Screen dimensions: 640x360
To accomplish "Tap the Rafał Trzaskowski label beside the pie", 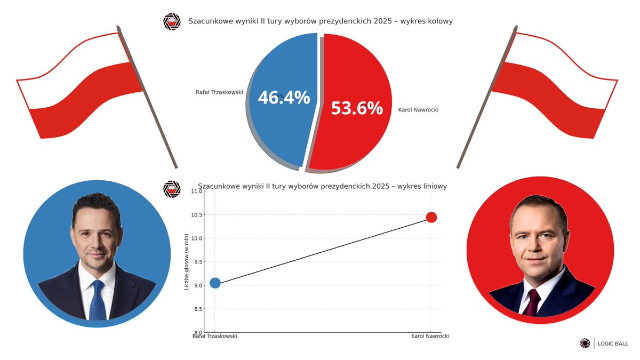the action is click(x=219, y=92).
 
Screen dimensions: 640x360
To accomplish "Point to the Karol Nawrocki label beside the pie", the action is click(x=418, y=110).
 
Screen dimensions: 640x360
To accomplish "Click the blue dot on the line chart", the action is click(x=215, y=283).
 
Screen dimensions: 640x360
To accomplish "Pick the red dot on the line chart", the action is click(x=431, y=218).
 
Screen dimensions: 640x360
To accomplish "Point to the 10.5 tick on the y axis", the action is click(x=197, y=215).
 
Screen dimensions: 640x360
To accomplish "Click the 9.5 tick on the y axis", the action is click(x=197, y=262).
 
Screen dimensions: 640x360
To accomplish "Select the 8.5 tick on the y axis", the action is click(x=197, y=309).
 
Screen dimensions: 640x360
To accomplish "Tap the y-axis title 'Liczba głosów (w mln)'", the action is click(x=187, y=262).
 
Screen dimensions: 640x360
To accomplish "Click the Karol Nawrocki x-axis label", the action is click(x=430, y=337).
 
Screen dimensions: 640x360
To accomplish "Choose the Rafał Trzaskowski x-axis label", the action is click(x=214, y=337).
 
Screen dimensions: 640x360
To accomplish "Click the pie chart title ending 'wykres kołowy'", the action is click(x=321, y=21).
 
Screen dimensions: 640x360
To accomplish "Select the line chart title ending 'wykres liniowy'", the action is click(x=322, y=186).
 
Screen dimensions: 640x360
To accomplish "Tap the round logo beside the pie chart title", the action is click(x=172, y=22).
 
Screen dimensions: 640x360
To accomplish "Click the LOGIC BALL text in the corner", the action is click(x=613, y=343).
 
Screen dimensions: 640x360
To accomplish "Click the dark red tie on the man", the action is click(x=533, y=303).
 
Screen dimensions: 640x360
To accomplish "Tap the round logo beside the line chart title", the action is click(x=172, y=189).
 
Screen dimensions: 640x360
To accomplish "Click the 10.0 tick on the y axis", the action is click(x=197, y=238).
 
